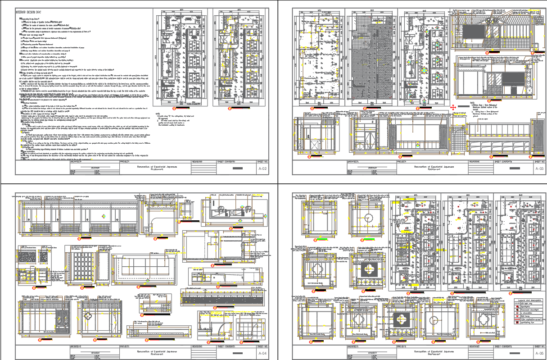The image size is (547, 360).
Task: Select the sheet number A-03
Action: (539, 169)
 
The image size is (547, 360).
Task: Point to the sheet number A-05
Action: (539, 353)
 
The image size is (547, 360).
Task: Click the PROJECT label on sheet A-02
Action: (122, 161)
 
